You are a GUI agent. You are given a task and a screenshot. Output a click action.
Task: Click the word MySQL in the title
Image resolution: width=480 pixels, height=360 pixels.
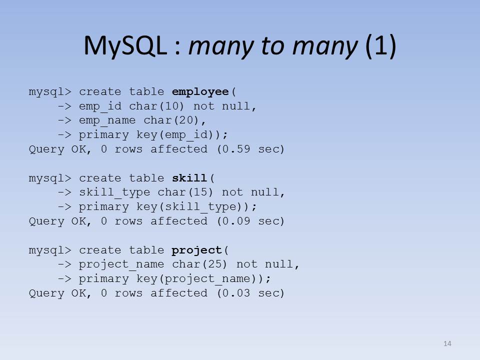tap(125, 46)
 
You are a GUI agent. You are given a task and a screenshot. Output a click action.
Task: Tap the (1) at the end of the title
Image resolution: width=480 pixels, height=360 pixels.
tap(381, 45)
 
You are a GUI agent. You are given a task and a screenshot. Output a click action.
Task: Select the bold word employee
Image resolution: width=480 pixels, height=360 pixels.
tap(200, 92)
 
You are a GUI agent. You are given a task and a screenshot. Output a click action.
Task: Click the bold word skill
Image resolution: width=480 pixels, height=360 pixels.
tap(189, 178)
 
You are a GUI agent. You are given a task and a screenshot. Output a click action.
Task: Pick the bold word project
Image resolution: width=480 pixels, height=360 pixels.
tap(196, 250)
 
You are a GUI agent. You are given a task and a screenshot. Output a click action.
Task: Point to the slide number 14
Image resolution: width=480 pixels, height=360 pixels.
tap(447, 343)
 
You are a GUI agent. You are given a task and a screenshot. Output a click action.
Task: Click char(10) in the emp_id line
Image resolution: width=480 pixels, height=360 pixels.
tap(156, 106)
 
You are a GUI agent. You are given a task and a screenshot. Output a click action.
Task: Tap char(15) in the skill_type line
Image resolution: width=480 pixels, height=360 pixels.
tap(185, 192)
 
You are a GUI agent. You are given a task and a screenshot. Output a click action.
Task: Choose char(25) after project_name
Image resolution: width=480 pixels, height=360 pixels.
tap(199, 264)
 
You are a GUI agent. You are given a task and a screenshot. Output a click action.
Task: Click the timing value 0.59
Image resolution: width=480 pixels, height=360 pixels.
tap(236, 149)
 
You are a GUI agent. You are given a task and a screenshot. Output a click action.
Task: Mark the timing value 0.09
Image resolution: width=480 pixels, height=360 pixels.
tap(236, 221)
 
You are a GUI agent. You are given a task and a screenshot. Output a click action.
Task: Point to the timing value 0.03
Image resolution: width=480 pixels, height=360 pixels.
tap(236, 293)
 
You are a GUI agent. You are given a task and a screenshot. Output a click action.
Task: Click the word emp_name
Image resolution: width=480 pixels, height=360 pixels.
tap(107, 120)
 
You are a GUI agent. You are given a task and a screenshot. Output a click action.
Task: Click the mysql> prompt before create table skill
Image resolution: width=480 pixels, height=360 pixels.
tap(50, 178)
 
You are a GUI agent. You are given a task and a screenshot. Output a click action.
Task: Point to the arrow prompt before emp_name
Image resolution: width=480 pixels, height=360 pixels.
tap(64, 120)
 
